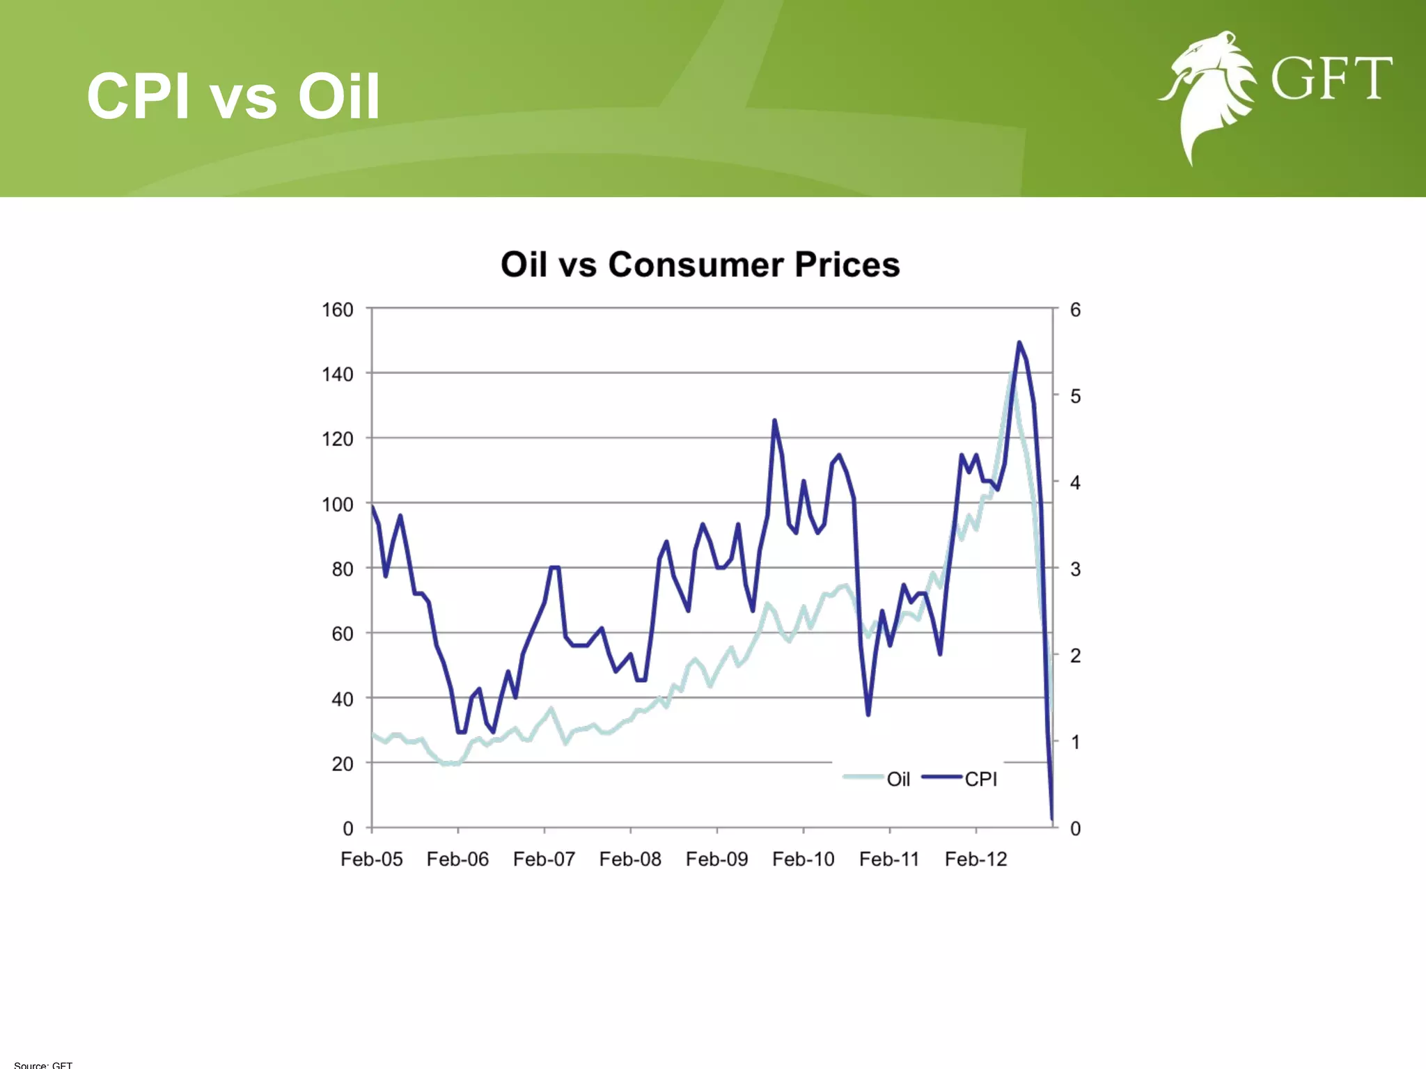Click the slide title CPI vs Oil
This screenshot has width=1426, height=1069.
[x=233, y=96]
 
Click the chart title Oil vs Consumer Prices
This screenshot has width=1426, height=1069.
[x=700, y=264]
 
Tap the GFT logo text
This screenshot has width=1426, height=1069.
[x=1331, y=79]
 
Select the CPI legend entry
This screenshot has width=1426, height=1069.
[x=961, y=779]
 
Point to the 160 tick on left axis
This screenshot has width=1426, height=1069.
[x=337, y=310]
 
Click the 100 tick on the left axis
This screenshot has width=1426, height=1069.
[x=337, y=505]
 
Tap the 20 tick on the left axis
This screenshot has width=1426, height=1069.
[x=342, y=764]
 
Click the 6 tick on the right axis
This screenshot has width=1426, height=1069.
[x=1075, y=310]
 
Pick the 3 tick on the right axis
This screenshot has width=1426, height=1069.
[x=1075, y=569]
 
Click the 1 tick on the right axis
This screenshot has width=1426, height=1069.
[x=1075, y=742]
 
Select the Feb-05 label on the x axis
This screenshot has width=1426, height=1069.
[x=371, y=860]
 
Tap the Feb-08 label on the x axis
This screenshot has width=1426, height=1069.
[x=630, y=860]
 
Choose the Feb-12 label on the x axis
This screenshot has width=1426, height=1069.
[x=976, y=860]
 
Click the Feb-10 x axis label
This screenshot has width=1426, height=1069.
[x=803, y=860]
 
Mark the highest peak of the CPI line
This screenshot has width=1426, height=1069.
[x=1019, y=342]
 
